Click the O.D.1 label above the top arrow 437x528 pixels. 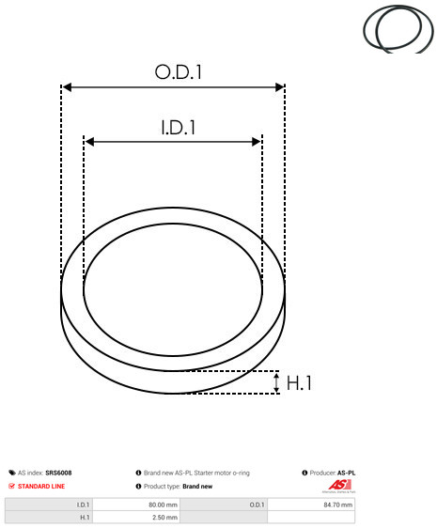click(178, 72)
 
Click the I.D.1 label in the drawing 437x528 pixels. click(179, 128)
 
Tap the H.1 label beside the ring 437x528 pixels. click(299, 383)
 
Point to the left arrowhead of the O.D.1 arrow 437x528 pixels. click(68, 87)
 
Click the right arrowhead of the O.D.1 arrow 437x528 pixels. click(280, 87)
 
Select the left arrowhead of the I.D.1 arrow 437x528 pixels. click(89, 142)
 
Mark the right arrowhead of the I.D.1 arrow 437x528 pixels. click(257, 142)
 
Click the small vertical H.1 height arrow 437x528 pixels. click(276, 382)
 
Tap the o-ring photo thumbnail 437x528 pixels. click(398, 29)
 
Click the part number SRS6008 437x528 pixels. click(58, 473)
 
